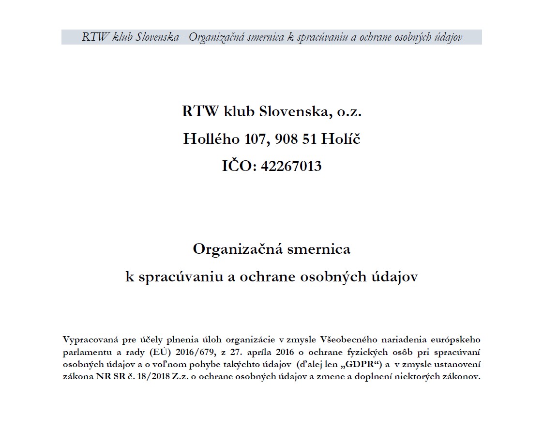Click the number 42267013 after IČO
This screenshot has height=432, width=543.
291,166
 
